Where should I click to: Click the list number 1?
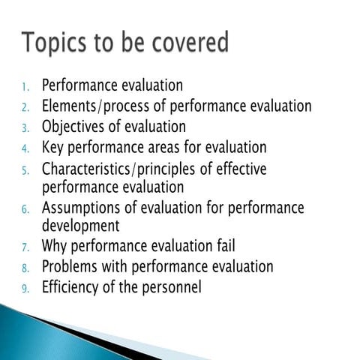click(x=25, y=86)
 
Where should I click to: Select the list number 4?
click(x=25, y=148)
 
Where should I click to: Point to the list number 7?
click(x=25, y=246)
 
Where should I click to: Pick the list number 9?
click(x=25, y=287)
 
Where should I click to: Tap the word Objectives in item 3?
click(x=73, y=127)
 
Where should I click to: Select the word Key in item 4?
click(x=52, y=147)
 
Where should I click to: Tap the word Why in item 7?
click(x=55, y=245)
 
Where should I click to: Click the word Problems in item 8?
click(x=70, y=266)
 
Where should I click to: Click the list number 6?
click(x=25, y=208)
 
